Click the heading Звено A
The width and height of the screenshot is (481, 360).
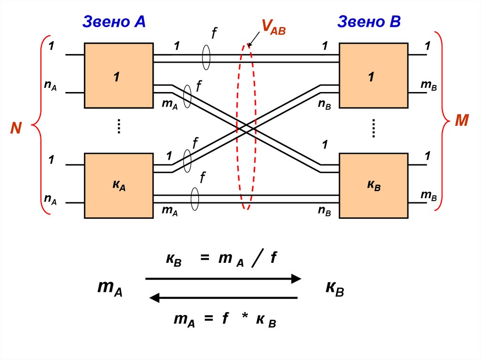pos(114,22)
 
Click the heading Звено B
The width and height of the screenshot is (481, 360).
pos(369,22)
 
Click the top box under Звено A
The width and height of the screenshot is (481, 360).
pos(118,76)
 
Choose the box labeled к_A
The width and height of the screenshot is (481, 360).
pos(118,185)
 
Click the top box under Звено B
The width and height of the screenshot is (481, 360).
pos(373,76)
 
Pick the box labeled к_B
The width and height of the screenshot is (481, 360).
pos(373,185)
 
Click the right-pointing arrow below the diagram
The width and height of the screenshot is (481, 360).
pos(223,279)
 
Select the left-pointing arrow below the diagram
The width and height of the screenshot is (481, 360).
pos(223,298)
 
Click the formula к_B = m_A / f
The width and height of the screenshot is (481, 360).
pos(220,260)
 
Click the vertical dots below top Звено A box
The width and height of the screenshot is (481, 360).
pos(119,126)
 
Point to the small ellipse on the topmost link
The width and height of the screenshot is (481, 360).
pos(206,58)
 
